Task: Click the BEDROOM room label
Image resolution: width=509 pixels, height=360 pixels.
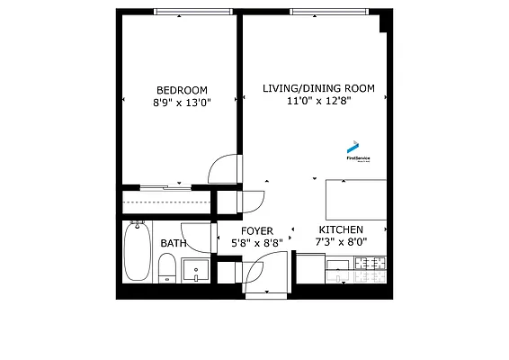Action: [x=182, y=90]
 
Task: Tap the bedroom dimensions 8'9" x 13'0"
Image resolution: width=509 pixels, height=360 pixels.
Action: [x=182, y=103]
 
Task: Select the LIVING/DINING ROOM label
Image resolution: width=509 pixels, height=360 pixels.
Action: [x=318, y=88]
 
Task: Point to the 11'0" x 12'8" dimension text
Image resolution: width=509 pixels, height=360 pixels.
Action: [x=318, y=101]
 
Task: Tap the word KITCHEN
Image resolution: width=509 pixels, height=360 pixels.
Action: [x=341, y=230]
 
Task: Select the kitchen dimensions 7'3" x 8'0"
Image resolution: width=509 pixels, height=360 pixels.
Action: [x=341, y=242]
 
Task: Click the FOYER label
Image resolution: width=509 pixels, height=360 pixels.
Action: [x=256, y=231]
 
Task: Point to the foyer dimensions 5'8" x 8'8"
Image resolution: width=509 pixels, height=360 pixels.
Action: [x=256, y=243]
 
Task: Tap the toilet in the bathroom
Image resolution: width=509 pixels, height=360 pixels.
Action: [x=166, y=268]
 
